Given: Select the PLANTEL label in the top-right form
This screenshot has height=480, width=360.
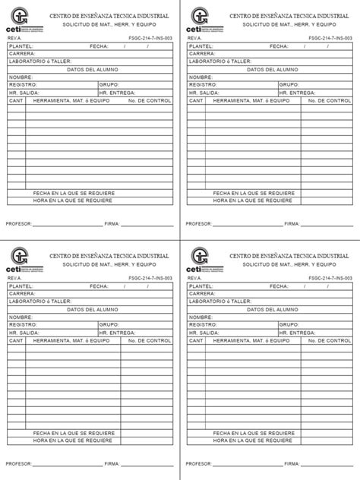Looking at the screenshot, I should [201, 47].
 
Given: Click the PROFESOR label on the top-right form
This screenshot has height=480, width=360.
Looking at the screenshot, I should [199, 224].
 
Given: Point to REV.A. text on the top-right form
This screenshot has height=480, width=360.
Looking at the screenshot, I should [195, 37].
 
